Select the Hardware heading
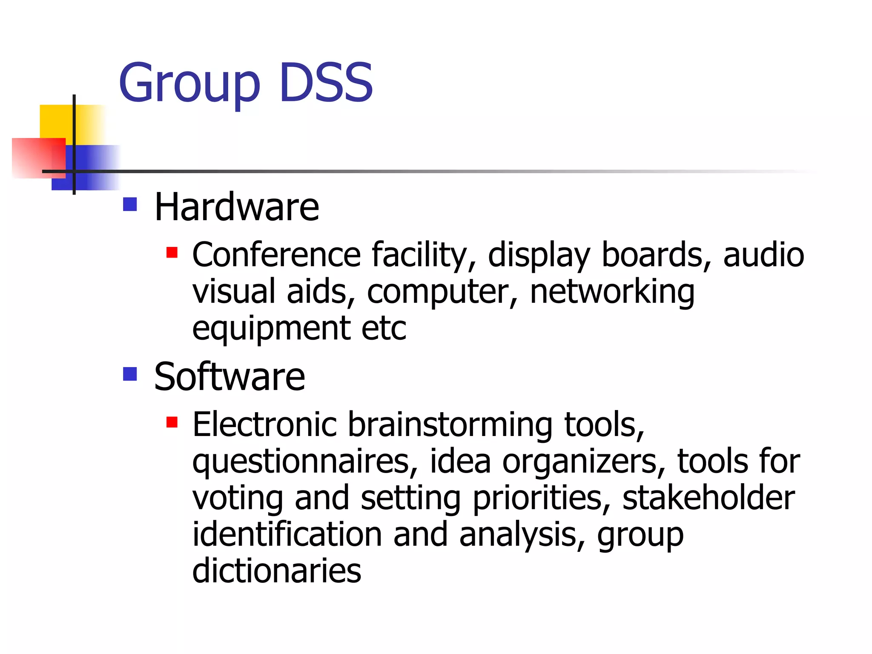click(x=236, y=207)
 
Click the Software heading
click(x=229, y=377)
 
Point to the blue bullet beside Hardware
click(x=130, y=204)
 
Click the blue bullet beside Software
click(x=130, y=374)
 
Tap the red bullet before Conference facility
click(x=172, y=253)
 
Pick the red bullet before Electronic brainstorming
click(x=172, y=422)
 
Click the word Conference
click(x=277, y=255)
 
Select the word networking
click(x=612, y=292)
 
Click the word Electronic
click(x=264, y=425)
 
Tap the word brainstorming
click(x=450, y=425)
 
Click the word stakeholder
click(x=708, y=498)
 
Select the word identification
click(x=287, y=534)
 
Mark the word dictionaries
click(x=277, y=571)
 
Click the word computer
click(x=442, y=292)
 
